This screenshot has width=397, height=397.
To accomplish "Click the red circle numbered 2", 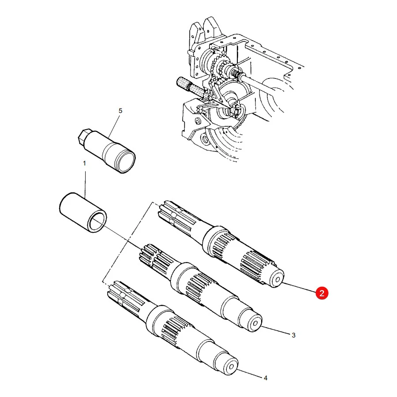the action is tap(322, 293).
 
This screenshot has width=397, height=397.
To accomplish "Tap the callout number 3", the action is tap(293, 335).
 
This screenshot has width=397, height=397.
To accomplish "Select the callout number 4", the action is tap(266, 378).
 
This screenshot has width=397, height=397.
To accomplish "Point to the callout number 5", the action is tap(120, 111).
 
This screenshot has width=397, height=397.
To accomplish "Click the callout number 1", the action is tap(85, 163).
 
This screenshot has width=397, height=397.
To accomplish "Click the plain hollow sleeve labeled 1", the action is tap(83, 213).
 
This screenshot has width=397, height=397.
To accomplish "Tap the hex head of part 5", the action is tap(83, 138).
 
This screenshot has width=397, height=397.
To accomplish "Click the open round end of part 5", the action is tap(125, 161).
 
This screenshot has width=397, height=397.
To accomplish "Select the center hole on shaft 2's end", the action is tap(277, 279).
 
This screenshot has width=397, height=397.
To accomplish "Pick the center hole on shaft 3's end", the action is tap(255, 323).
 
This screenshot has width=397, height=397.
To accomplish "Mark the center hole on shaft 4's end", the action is tap(232, 367).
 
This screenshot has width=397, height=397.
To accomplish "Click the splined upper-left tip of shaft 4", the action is tap(115, 291).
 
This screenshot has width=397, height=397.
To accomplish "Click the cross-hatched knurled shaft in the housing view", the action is tap(192, 87).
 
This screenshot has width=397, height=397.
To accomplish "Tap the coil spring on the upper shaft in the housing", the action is tap(237, 73).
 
